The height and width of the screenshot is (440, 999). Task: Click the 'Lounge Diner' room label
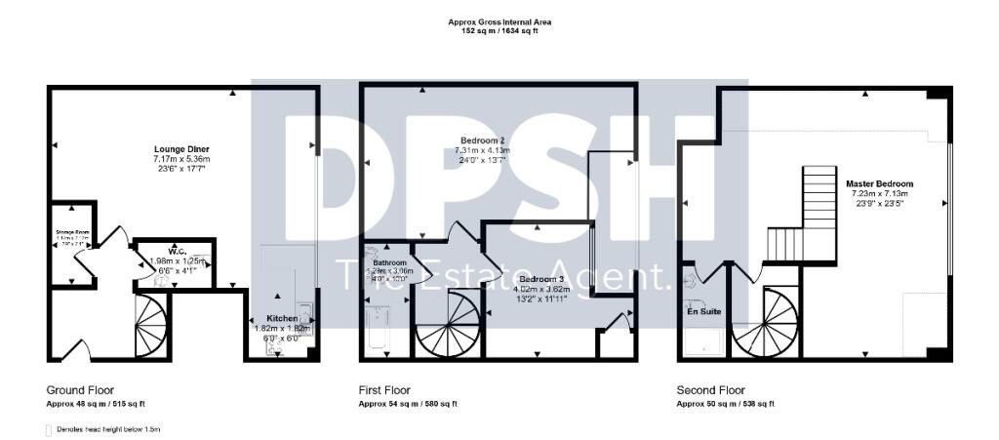coord(181,148)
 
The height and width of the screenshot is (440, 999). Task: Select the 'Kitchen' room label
coord(282,318)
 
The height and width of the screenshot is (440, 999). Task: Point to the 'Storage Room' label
coord(71,231)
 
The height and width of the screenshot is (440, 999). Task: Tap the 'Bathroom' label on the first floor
coord(389,263)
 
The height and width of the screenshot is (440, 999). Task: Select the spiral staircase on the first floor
coord(447,328)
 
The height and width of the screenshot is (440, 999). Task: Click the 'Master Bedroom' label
coord(879,183)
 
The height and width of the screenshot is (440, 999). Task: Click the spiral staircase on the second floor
coord(765,324)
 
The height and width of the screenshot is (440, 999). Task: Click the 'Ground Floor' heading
coord(77,389)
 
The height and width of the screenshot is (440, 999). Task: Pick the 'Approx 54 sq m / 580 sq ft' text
coord(408,404)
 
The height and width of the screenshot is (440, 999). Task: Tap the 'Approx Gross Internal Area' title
coord(499,20)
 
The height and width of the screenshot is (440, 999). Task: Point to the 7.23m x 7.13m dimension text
coord(879,194)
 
